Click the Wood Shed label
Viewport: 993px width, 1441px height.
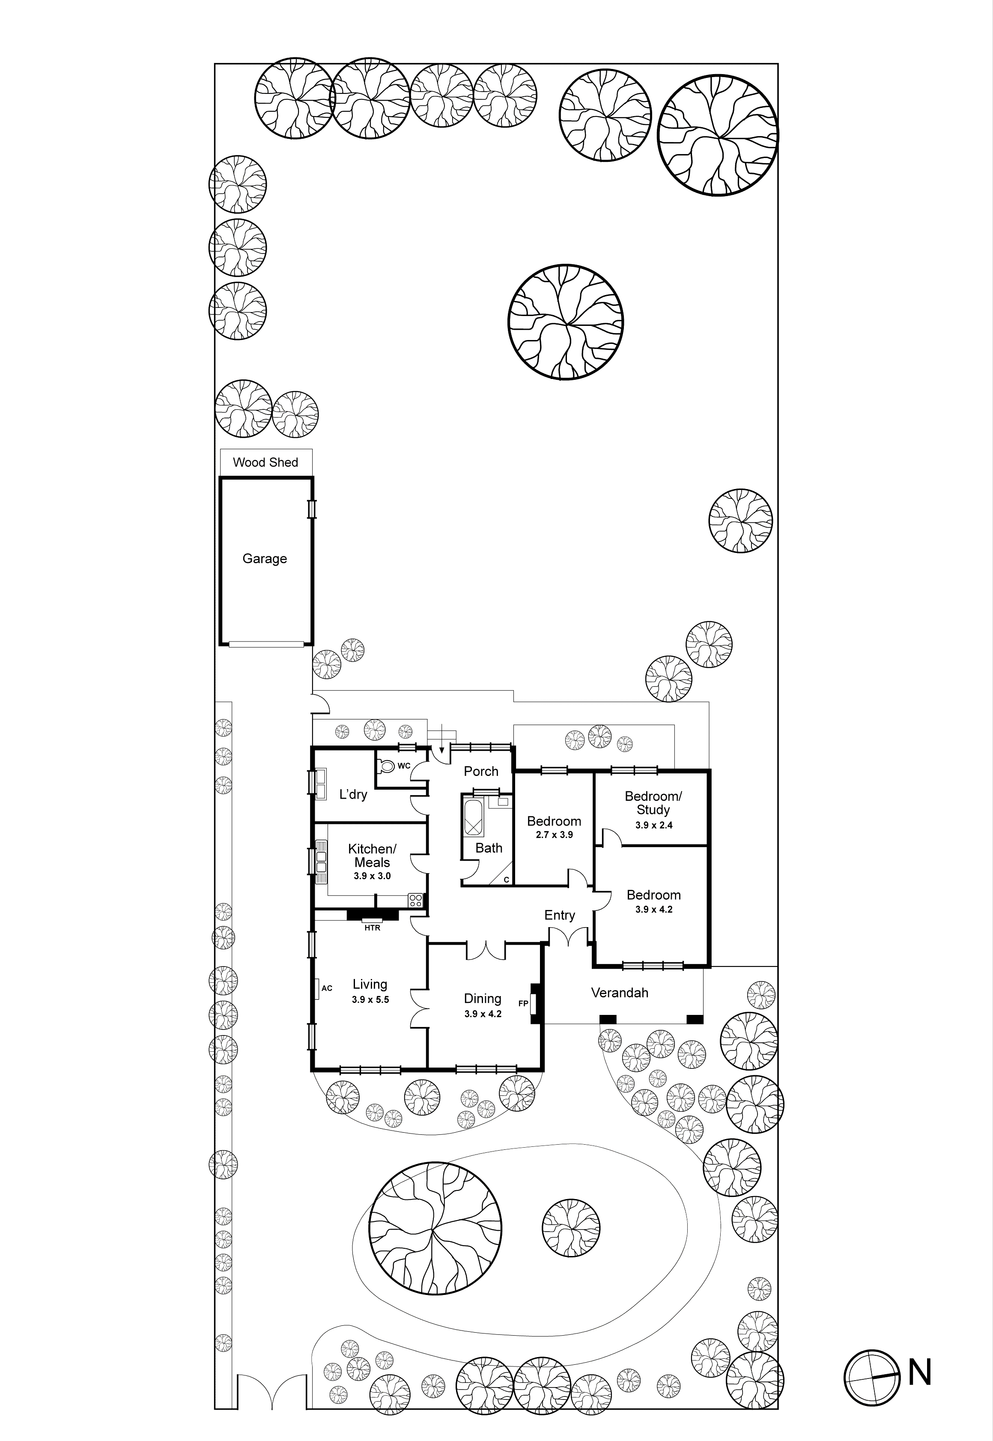click(265, 462)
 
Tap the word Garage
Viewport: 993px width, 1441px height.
click(265, 559)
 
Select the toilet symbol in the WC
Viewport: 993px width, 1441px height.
click(387, 765)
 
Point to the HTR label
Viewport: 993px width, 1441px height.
click(372, 928)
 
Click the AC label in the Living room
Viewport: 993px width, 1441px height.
click(327, 988)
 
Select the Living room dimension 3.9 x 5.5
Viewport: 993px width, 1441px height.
click(370, 1000)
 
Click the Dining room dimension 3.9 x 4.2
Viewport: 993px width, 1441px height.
click(483, 1014)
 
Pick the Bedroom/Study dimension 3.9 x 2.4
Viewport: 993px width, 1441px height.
click(653, 825)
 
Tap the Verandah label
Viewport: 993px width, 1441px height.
click(619, 992)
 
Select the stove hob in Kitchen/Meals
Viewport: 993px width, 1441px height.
click(415, 900)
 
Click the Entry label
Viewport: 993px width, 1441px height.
click(559, 915)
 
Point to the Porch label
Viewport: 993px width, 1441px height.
click(481, 772)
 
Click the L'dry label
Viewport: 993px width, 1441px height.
click(353, 794)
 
